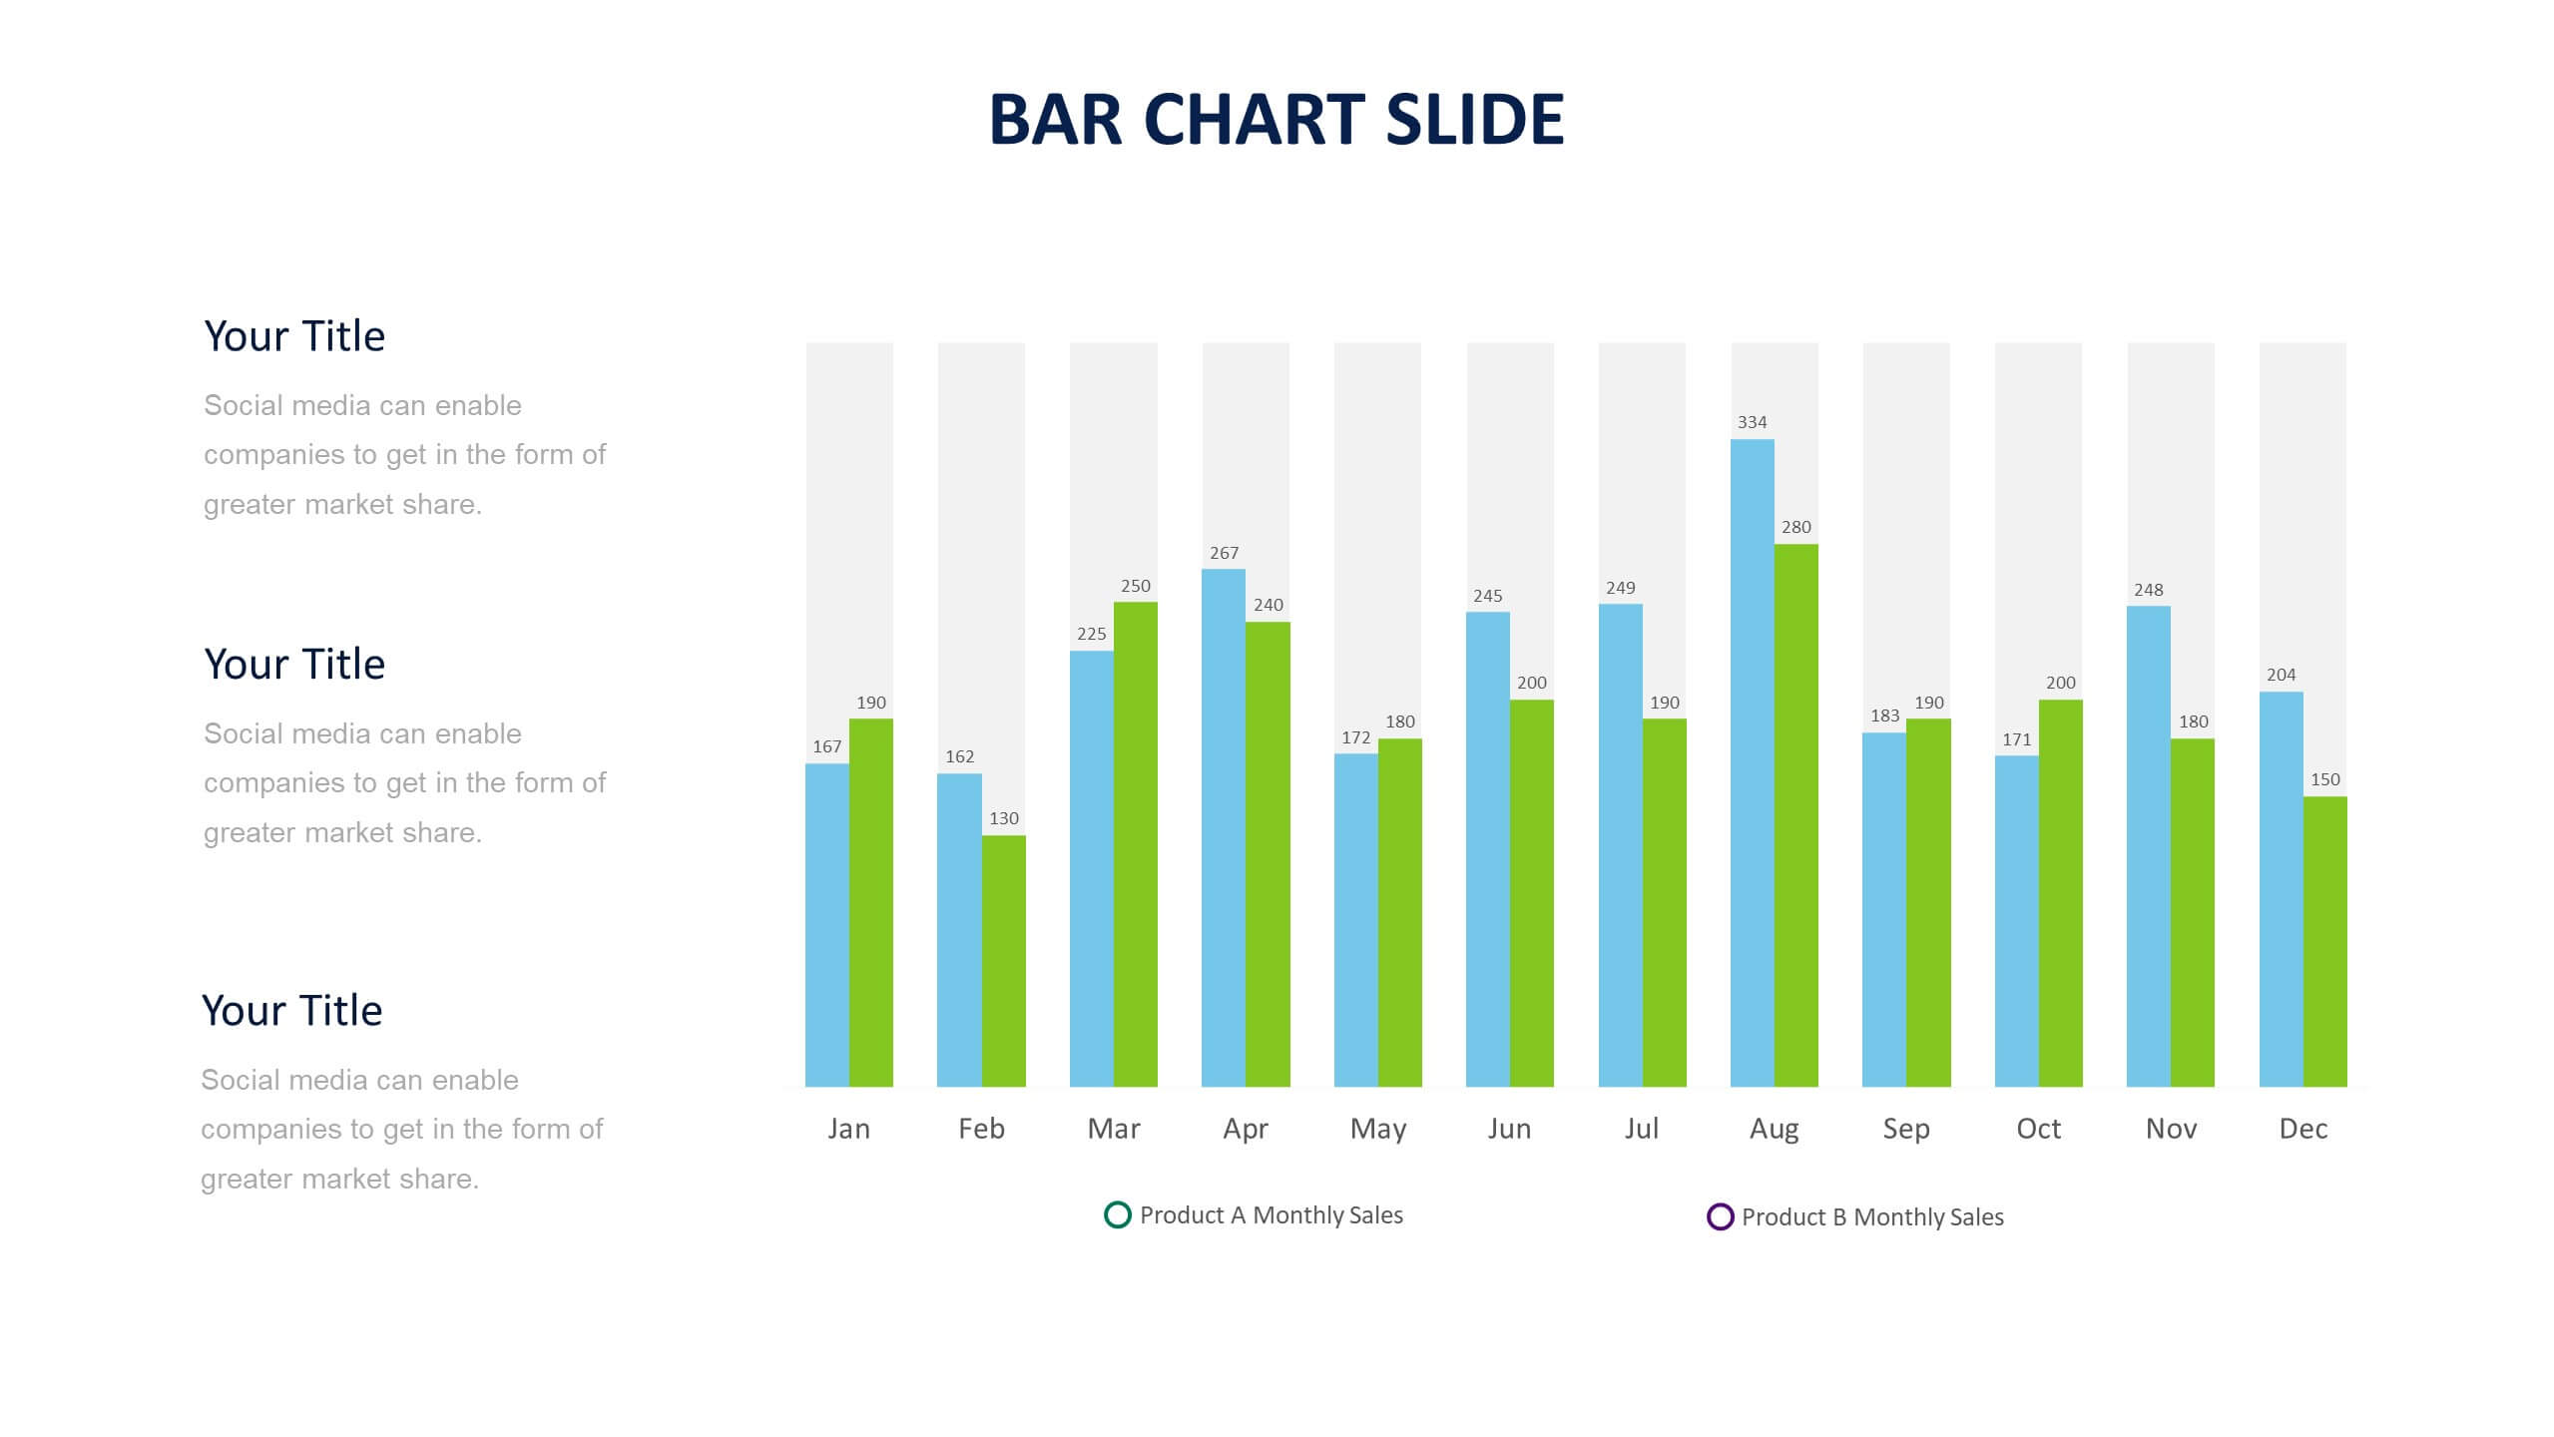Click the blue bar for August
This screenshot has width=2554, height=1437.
tap(1752, 762)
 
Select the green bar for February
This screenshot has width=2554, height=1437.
tap(1003, 961)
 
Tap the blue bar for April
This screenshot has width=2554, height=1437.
tap(1224, 827)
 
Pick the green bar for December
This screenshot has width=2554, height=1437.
tap(2325, 941)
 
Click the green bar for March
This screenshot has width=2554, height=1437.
tap(1136, 844)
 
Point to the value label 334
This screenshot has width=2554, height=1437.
tap(1752, 422)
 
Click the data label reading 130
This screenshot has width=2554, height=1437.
tap(1004, 818)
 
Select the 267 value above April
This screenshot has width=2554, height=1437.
tap(1224, 553)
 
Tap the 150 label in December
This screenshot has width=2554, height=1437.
tap(2325, 779)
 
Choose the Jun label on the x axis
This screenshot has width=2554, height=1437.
tap(1509, 1129)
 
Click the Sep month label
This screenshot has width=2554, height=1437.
tap(1906, 1130)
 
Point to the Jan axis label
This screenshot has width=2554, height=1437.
tap(848, 1129)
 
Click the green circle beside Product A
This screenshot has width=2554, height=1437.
tap(1118, 1214)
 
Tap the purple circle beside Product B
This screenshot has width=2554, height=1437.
tap(1720, 1216)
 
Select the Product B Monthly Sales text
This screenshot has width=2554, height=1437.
tap(1872, 1217)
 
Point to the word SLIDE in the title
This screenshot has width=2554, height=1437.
tap(1475, 119)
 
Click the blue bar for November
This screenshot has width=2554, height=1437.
tap(2149, 846)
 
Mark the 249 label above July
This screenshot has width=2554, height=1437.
tap(1621, 588)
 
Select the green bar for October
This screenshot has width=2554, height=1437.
tap(2061, 893)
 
